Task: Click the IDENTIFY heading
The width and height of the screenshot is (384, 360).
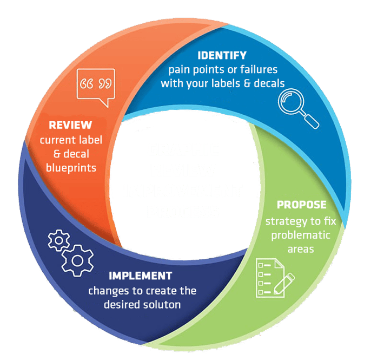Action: (x=222, y=56)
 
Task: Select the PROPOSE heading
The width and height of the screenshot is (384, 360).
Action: (x=301, y=205)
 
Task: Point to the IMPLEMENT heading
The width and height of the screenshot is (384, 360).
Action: (x=140, y=276)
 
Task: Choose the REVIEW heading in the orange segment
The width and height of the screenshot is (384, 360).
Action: (x=70, y=125)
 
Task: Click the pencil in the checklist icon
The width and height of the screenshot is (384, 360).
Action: (x=284, y=283)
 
